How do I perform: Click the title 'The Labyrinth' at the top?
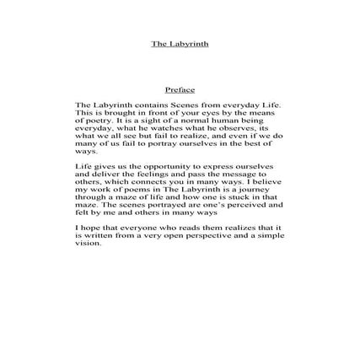click(180, 44)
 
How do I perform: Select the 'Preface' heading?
click(180, 89)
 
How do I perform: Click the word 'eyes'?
click(214, 110)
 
